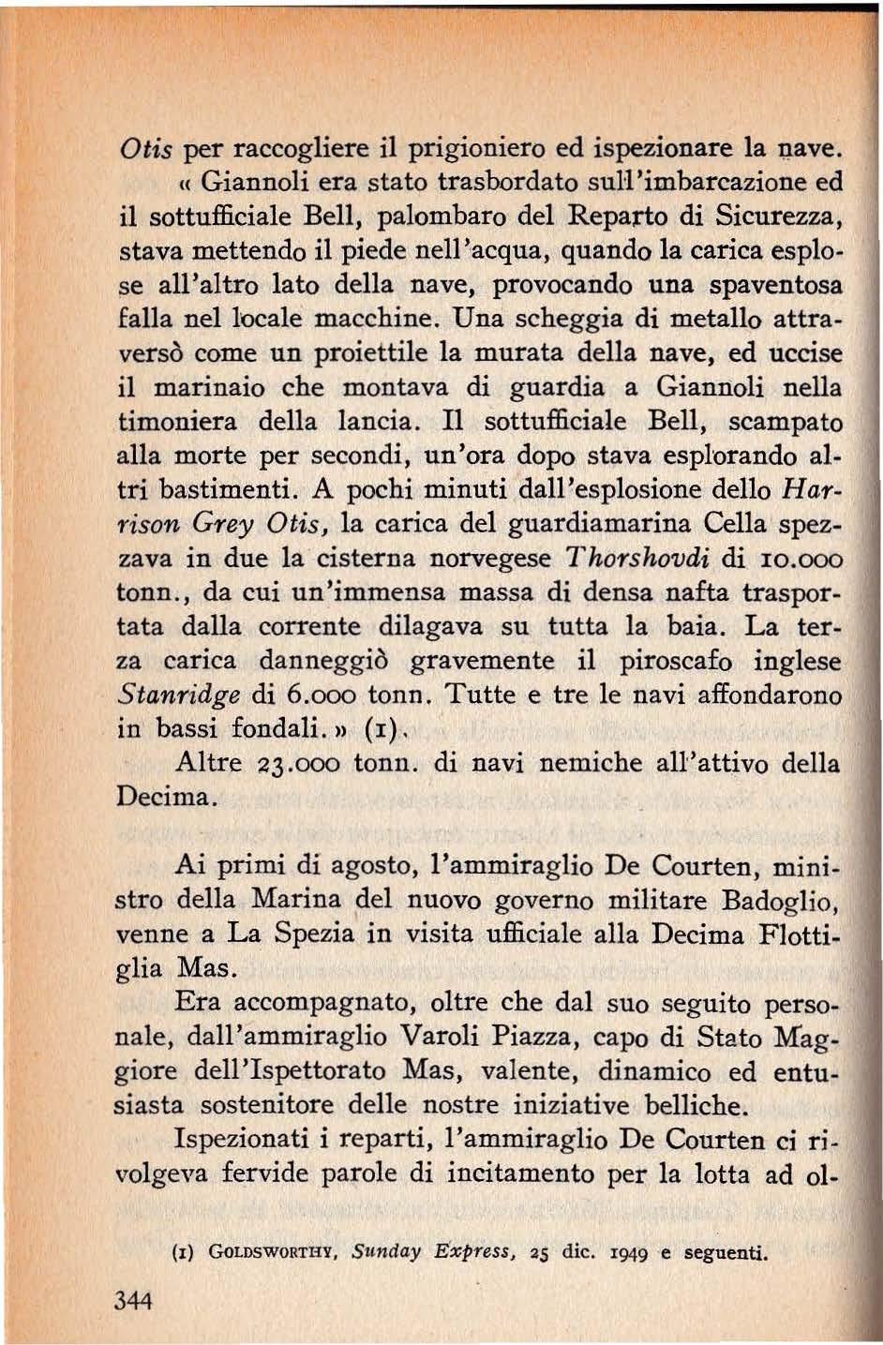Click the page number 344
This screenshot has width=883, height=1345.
click(133, 1299)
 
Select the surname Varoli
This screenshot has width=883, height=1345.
click(445, 1037)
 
